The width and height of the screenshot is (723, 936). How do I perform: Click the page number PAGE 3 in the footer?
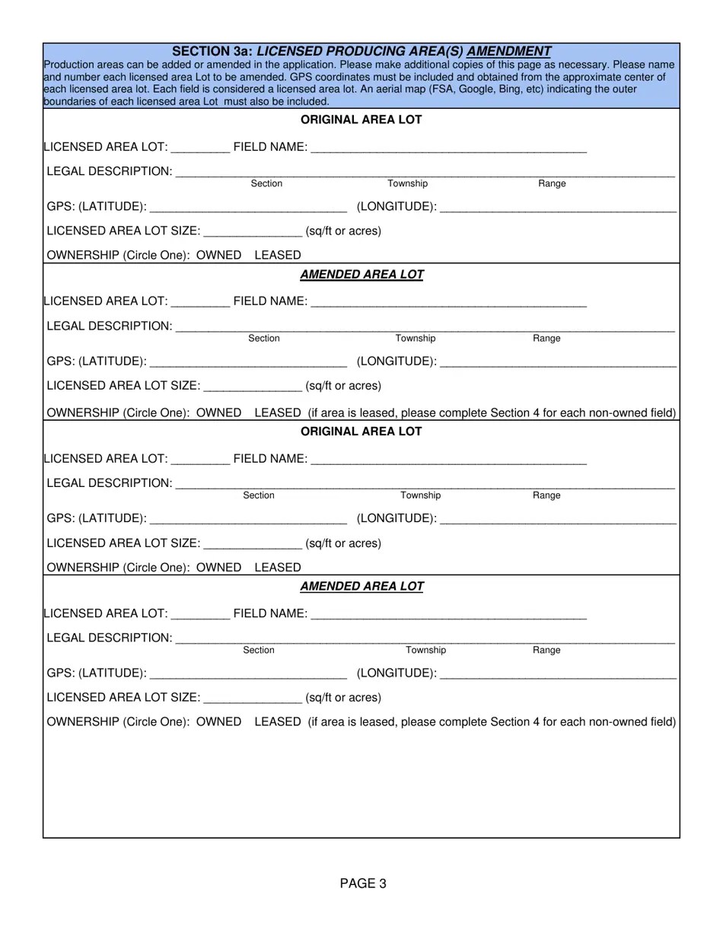(x=363, y=883)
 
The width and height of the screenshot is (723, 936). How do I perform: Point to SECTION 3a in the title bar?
(x=212, y=51)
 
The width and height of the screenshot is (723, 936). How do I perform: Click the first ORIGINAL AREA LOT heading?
(x=361, y=119)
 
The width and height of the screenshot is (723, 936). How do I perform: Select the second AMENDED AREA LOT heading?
(x=361, y=587)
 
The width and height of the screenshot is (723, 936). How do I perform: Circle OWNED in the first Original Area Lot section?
(x=218, y=255)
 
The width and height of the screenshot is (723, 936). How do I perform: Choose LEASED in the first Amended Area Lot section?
(x=278, y=412)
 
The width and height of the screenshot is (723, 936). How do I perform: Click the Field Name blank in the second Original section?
(x=449, y=460)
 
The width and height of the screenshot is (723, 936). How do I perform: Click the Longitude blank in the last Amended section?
(x=558, y=674)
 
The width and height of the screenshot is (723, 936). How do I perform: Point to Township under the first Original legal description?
(x=408, y=183)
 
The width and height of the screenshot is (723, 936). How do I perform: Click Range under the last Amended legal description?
(x=546, y=650)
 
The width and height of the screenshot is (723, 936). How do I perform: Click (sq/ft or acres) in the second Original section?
(x=343, y=543)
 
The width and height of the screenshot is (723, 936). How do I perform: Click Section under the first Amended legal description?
(x=264, y=338)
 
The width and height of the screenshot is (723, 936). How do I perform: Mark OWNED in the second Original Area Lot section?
(x=218, y=568)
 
